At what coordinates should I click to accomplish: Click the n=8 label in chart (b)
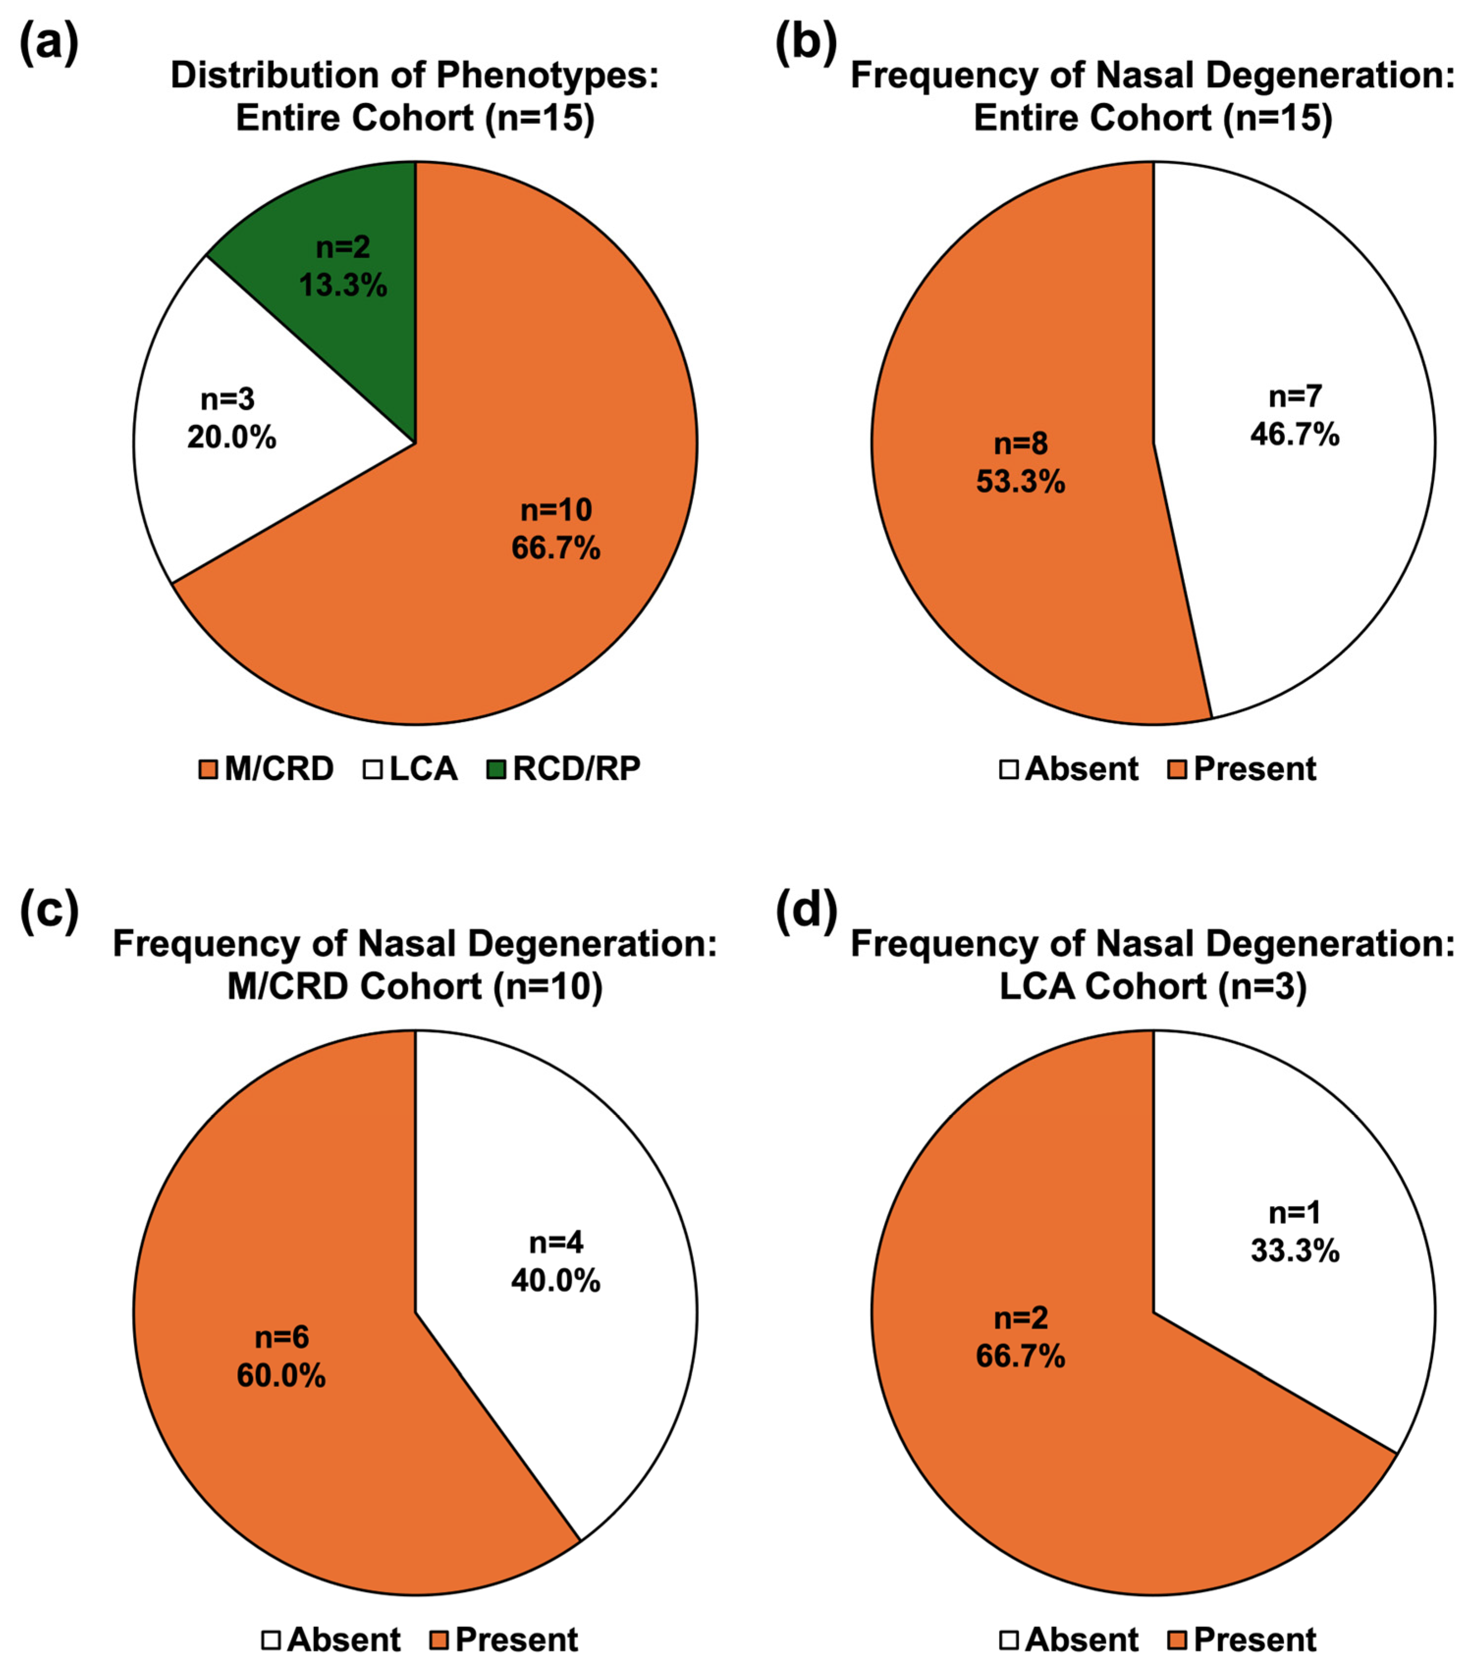coord(1020,443)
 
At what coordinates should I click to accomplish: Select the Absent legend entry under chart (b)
coord(1069,768)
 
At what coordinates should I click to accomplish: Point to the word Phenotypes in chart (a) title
coord(546,75)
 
